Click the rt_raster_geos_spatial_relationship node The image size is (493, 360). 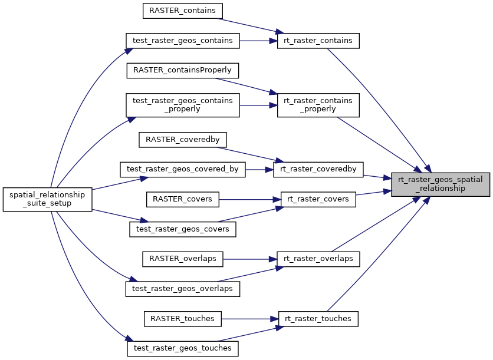pyautogui.click(x=441, y=184)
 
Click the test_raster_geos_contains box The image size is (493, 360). pyautogui.click(x=183, y=41)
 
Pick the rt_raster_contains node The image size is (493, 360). pyautogui.click(x=318, y=41)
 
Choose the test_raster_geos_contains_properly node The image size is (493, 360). pyautogui.click(x=183, y=105)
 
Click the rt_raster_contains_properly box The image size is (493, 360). pyautogui.click(x=318, y=105)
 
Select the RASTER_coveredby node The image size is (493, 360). pyautogui.click(x=183, y=140)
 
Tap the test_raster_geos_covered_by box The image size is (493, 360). pyautogui.click(x=183, y=170)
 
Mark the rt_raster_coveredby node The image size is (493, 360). pyautogui.click(x=318, y=170)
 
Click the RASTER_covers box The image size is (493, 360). pyautogui.click(x=183, y=199)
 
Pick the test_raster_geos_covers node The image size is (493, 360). pyautogui.click(x=183, y=229)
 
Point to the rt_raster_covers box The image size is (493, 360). pyautogui.click(x=318, y=199)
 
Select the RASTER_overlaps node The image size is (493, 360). pyautogui.click(x=183, y=259)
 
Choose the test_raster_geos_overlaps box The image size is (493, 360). pyautogui.click(x=183, y=289)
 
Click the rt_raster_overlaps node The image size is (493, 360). pyautogui.click(x=318, y=259)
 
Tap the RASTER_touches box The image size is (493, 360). pyautogui.click(x=183, y=319)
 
